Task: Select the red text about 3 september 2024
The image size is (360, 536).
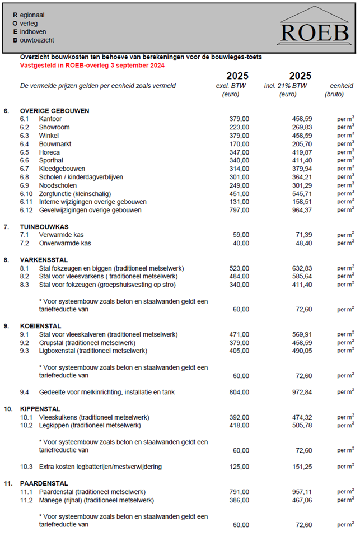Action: [92, 66]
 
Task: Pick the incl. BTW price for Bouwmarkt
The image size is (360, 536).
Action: [302, 144]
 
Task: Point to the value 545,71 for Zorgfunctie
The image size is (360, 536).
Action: [302, 194]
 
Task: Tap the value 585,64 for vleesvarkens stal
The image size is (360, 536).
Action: [302, 277]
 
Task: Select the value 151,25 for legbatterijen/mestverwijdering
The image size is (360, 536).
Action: [302, 467]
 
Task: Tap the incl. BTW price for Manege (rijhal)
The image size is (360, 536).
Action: [302, 500]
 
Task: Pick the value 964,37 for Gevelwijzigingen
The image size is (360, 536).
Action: [302, 210]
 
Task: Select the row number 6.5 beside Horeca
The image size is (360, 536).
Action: [24, 152]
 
